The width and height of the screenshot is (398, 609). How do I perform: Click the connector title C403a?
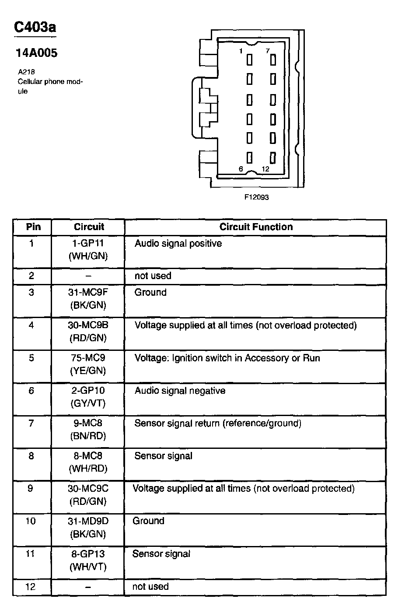(35, 28)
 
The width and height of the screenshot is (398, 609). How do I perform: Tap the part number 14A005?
(37, 53)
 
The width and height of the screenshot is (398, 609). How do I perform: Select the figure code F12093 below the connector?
(256, 197)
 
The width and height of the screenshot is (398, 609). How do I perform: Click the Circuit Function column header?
(256, 227)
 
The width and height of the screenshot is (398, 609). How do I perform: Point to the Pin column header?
(33, 227)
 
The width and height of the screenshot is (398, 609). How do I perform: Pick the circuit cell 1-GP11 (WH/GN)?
(88, 249)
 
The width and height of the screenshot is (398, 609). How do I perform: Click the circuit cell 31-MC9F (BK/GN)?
(88, 298)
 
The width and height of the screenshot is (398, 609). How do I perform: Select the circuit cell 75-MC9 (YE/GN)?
(88, 364)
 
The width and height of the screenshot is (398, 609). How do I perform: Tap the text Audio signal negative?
(180, 390)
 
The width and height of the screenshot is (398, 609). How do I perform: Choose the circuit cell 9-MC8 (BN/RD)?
(88, 429)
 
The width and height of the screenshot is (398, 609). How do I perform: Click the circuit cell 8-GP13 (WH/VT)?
(88, 560)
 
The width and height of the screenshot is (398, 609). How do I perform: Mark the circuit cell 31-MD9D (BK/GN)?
(88, 527)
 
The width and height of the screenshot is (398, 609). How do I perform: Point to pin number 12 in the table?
(30, 587)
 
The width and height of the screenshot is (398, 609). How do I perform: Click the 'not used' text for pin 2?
(153, 276)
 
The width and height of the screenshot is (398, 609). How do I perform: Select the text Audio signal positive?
(178, 243)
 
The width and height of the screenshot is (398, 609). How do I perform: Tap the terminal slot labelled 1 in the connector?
(250, 59)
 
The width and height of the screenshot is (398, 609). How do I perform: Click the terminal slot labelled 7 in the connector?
(273, 59)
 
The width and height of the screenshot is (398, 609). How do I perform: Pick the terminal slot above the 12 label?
(273, 157)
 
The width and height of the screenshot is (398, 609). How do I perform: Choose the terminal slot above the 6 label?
(250, 157)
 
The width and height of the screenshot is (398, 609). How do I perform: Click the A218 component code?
(26, 71)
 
